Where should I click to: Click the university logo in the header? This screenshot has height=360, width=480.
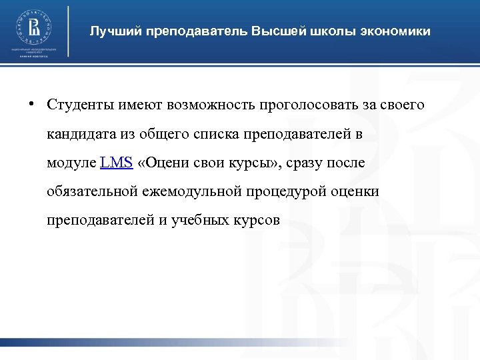click(34, 27)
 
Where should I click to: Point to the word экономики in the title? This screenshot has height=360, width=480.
click(397, 31)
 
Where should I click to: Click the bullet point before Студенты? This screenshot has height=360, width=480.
click(31, 105)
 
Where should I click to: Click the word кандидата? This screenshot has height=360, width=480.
click(77, 134)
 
